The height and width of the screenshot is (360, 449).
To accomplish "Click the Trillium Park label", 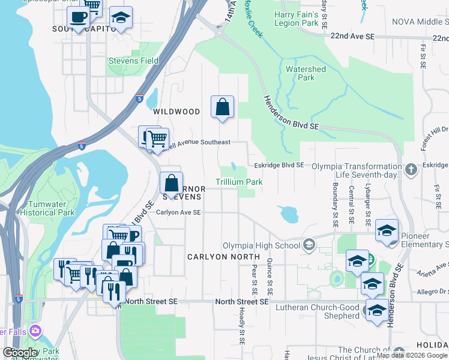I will click(239, 182).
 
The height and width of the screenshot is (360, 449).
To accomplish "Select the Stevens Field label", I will click(133, 61).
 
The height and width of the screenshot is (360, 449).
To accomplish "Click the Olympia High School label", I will click(262, 245).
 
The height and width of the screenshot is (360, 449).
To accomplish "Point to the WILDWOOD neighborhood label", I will click(176, 112).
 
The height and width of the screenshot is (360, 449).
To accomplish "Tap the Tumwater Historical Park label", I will click(47, 208).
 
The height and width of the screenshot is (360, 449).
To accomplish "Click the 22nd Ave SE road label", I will click(352, 37).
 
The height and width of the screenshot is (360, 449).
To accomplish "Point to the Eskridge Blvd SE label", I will click(279, 165).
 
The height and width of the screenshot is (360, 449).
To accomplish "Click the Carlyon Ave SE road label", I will click(178, 212).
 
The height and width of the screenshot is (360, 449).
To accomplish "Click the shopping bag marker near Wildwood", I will click(222, 107).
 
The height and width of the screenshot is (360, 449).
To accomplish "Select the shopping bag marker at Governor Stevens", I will click(171, 182).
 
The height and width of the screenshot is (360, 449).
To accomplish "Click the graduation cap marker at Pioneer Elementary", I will click(387, 231).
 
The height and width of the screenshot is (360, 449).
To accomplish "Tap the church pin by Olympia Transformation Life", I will click(411, 170).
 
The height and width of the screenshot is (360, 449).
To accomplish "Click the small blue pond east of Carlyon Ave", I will click(289, 214).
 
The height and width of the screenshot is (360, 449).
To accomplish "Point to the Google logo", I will click(20, 353).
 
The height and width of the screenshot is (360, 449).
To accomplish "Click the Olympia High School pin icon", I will click(309, 245).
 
